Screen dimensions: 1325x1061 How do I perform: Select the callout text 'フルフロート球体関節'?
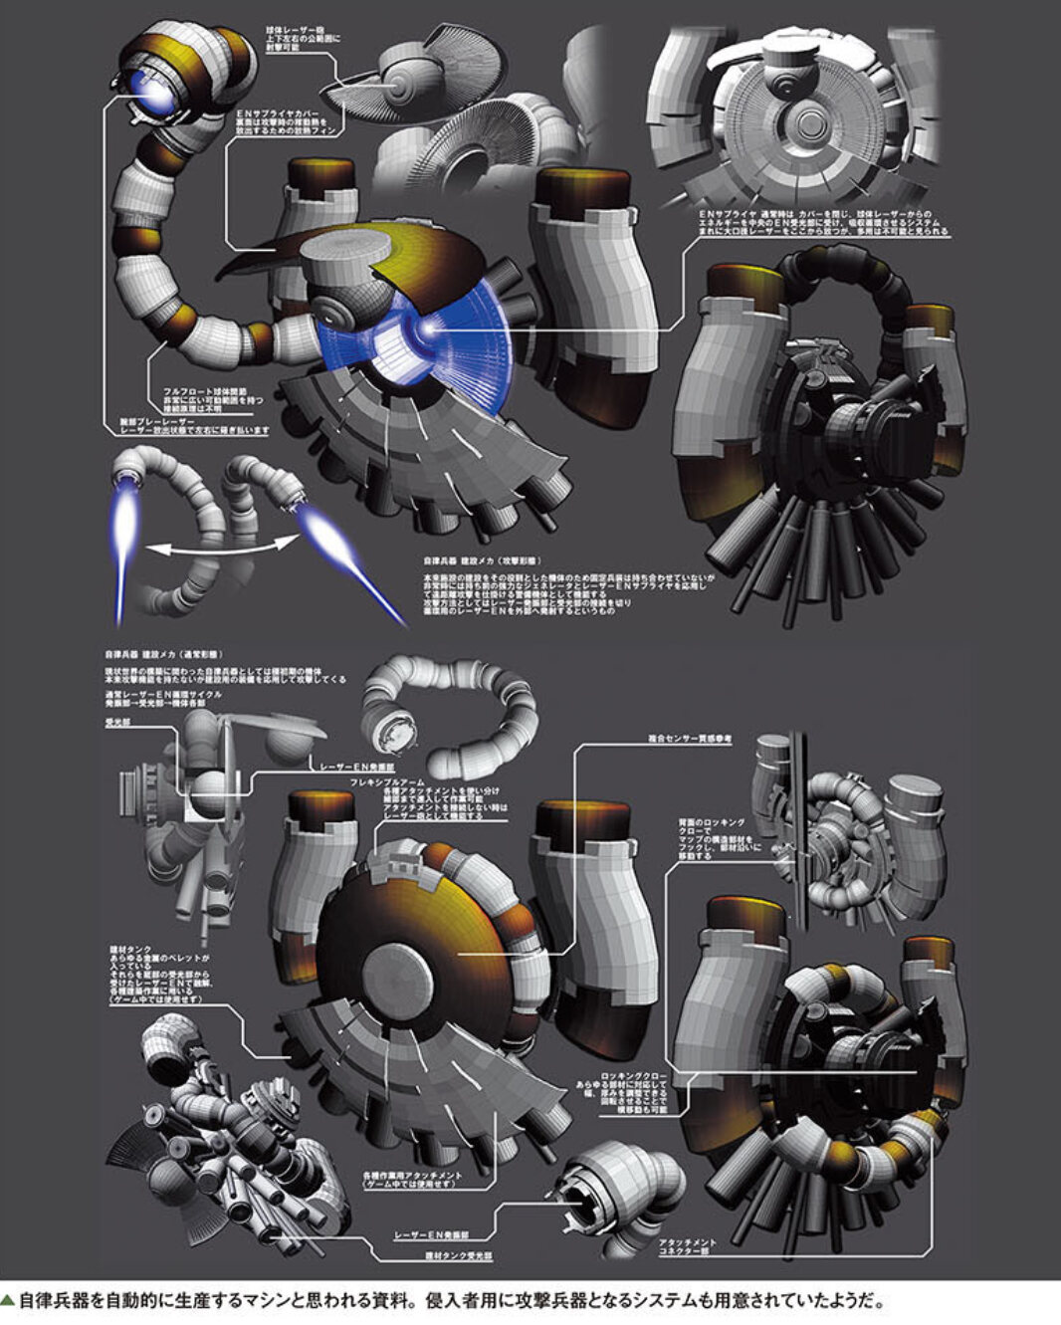pyautogui.click(x=191, y=390)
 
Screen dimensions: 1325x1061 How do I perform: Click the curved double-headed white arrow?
pyautogui.click(x=220, y=543)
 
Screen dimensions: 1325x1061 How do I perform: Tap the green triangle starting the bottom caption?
pyautogui.click(x=8, y=1300)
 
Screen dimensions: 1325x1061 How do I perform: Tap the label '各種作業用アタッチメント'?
pyautogui.click(x=410, y=1177)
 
